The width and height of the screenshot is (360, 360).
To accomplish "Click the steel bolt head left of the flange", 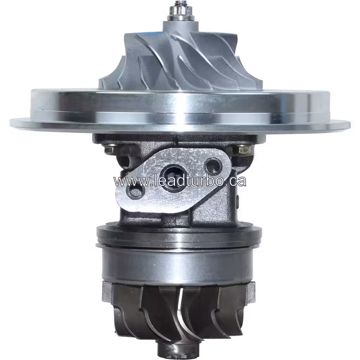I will [109, 149].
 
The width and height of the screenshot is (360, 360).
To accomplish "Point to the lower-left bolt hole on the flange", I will [135, 192].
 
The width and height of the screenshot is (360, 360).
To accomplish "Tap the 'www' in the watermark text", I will [126, 181].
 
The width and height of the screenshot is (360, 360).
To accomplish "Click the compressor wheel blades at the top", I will [176, 60].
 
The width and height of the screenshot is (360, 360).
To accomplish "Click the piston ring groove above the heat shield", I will [179, 244].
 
